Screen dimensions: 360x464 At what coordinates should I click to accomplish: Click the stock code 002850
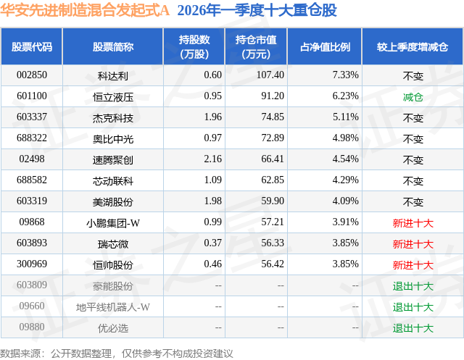point(32,75)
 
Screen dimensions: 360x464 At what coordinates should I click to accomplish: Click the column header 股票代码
point(32,47)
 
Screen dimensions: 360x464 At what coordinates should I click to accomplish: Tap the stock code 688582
point(32,180)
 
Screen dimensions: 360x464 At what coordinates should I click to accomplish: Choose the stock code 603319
point(32,201)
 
